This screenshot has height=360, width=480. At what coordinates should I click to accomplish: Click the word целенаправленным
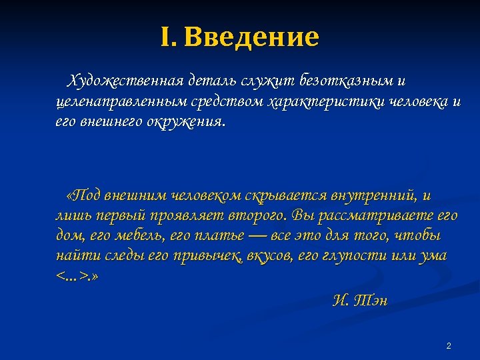point(123,102)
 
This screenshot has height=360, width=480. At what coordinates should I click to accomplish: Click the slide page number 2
point(448,345)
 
